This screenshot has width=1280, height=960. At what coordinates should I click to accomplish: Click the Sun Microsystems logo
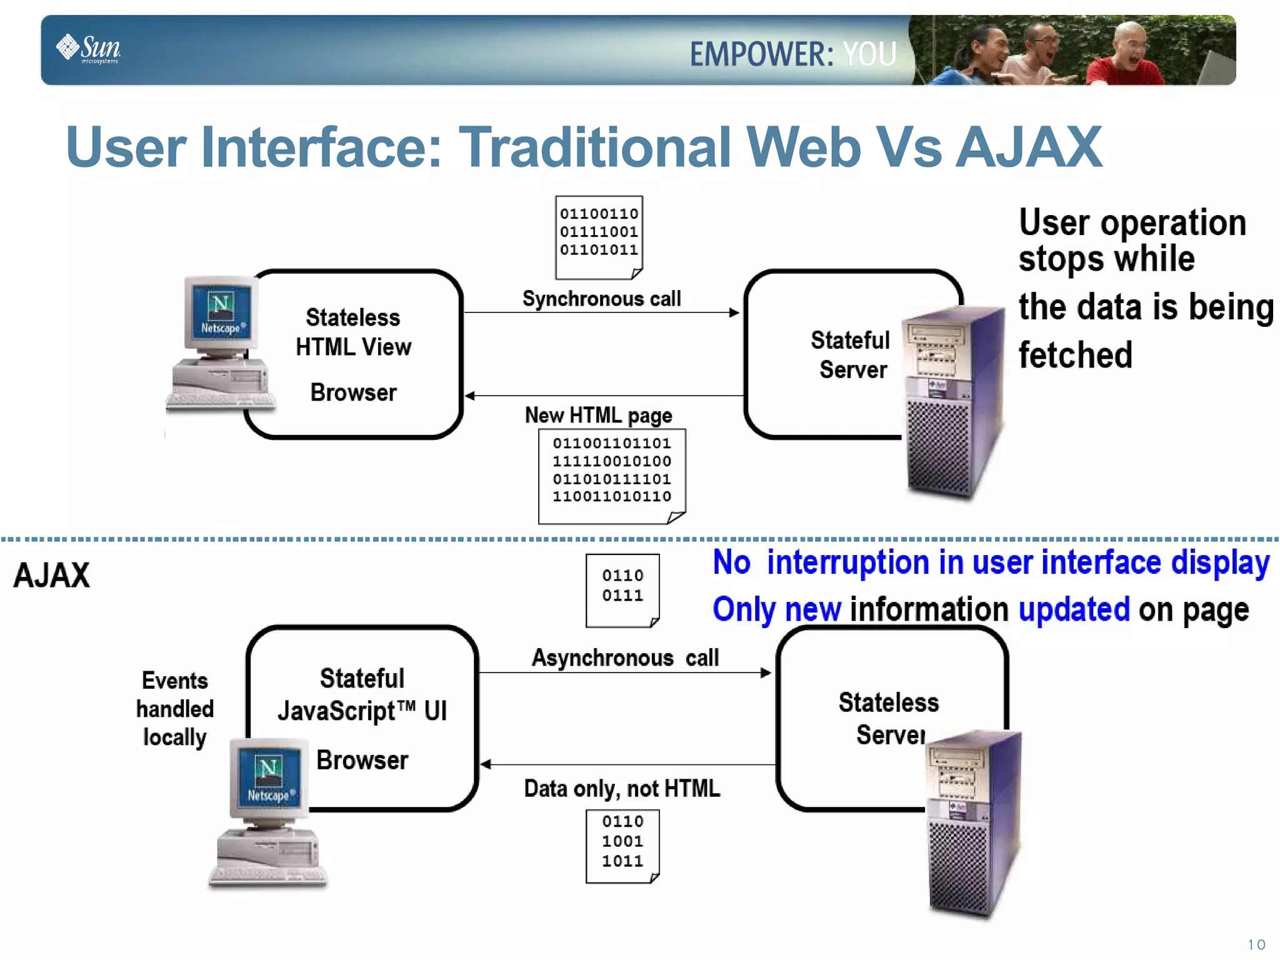click(88, 49)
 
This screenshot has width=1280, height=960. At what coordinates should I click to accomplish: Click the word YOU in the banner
click(869, 54)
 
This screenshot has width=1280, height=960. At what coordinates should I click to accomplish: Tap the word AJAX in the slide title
click(1029, 147)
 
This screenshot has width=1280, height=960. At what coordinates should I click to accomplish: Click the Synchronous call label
click(601, 299)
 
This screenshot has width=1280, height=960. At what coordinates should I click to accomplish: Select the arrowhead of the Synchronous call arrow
click(734, 312)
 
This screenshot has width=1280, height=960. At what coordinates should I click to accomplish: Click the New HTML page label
click(598, 415)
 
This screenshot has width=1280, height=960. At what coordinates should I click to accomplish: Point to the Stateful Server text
click(851, 354)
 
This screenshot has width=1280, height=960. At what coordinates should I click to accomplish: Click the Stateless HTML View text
click(353, 332)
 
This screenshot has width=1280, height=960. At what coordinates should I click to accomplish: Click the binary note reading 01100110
click(599, 236)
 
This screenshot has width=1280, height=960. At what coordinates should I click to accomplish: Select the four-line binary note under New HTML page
click(612, 475)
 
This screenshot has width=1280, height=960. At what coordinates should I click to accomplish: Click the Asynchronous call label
click(625, 657)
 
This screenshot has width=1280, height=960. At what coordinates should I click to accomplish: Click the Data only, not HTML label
click(622, 788)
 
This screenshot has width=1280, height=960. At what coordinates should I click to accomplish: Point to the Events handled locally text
click(175, 709)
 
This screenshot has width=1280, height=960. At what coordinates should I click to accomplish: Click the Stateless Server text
click(888, 718)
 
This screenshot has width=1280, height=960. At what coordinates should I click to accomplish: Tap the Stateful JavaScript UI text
click(362, 694)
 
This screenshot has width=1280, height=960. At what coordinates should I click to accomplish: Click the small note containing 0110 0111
click(622, 589)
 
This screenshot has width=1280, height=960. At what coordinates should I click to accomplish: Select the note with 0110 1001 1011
click(622, 845)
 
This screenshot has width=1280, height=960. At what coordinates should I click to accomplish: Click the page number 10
click(1256, 944)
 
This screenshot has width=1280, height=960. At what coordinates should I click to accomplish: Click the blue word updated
click(1074, 609)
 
